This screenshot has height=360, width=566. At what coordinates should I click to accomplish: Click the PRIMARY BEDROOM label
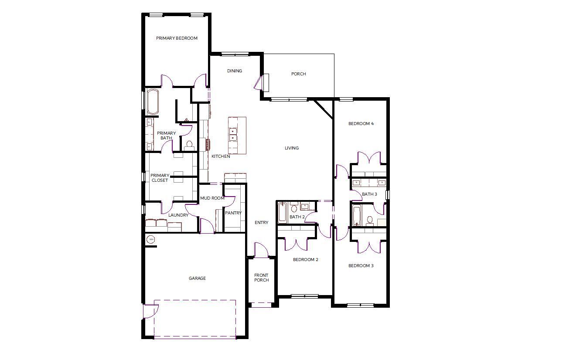click(x=177, y=38)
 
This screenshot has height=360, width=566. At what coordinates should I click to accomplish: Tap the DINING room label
click(x=235, y=71)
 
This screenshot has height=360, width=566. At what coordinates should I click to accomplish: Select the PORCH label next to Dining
click(x=298, y=74)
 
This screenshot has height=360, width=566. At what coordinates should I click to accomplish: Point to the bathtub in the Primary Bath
click(x=153, y=102)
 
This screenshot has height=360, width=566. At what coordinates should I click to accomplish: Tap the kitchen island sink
click(x=233, y=134)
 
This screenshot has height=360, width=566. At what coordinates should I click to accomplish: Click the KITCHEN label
click(x=221, y=156)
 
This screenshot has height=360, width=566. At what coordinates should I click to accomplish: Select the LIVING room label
click(x=292, y=148)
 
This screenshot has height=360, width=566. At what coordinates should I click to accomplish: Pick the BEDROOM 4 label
click(x=361, y=123)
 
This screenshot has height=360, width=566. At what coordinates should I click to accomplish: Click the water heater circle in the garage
click(x=151, y=239)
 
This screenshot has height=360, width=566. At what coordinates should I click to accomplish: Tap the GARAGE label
click(x=197, y=278)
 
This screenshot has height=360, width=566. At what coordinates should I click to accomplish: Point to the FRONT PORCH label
click(x=261, y=277)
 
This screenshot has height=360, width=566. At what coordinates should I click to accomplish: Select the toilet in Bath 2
click(x=293, y=207)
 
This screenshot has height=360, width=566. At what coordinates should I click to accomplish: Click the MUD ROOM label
click(x=212, y=198)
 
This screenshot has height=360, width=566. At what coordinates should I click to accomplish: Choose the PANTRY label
click(x=233, y=213)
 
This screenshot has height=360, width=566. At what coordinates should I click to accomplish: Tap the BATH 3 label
click(x=369, y=194)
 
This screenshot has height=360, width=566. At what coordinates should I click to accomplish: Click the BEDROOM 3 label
click(x=361, y=265)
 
